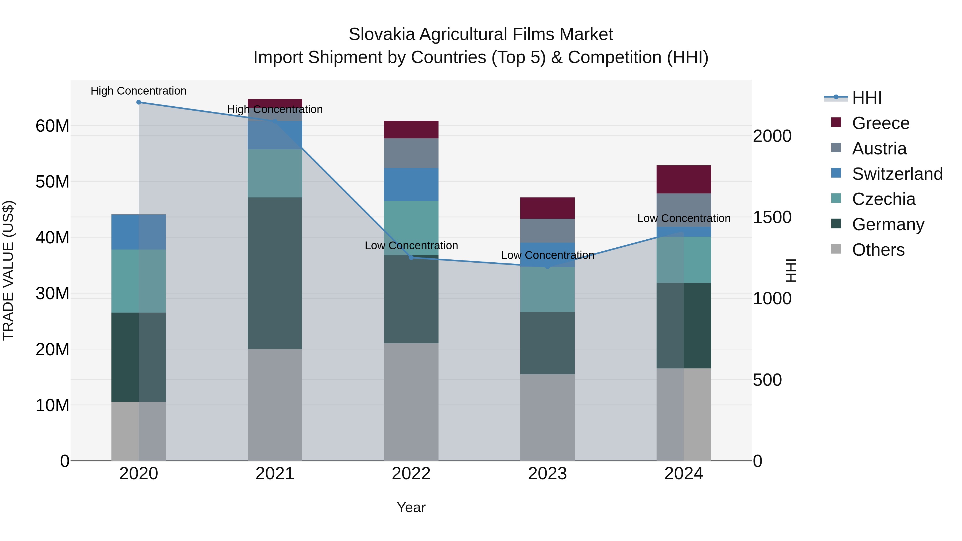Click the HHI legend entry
tap(866, 98)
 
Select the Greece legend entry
tap(880, 123)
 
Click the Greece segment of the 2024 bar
tap(683, 179)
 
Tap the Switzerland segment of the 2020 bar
tap(138, 232)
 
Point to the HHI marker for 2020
tap(138, 102)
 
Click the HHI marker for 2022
tap(411, 258)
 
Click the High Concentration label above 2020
tap(138, 91)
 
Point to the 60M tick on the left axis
tap(52, 126)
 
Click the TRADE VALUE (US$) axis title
tap(8, 270)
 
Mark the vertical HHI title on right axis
tap(791, 270)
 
